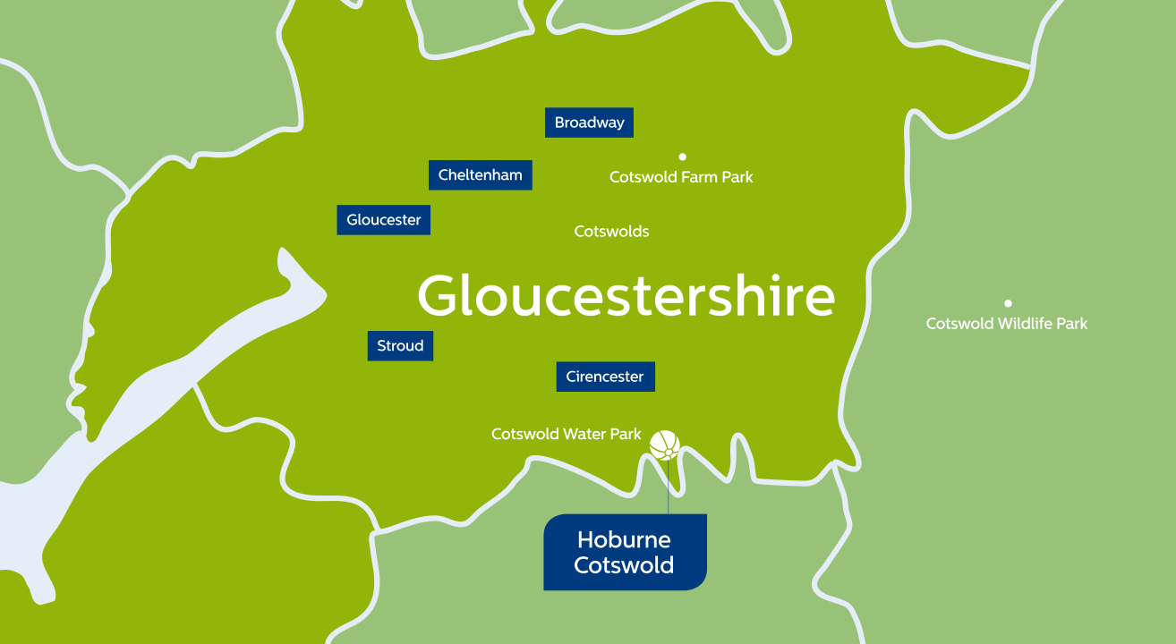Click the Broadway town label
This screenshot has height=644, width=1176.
589,123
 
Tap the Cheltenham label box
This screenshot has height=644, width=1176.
480,175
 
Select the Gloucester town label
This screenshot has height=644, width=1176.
383,220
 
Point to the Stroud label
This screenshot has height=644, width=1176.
400,346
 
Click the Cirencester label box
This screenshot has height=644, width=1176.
605,377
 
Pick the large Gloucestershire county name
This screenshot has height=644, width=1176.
626,296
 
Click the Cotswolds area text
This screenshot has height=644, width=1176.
611,232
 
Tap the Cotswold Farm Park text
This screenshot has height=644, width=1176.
681,177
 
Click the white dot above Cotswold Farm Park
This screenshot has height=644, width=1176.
682,157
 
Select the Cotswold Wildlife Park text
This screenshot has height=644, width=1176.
1006,324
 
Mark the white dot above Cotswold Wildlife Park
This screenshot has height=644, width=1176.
1008,303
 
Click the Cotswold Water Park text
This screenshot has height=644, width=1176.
567,435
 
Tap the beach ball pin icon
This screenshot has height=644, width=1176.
664,445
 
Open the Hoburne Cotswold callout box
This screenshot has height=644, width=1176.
625,552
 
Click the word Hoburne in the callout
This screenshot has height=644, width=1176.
624,539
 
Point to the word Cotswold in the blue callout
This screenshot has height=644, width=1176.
624,565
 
